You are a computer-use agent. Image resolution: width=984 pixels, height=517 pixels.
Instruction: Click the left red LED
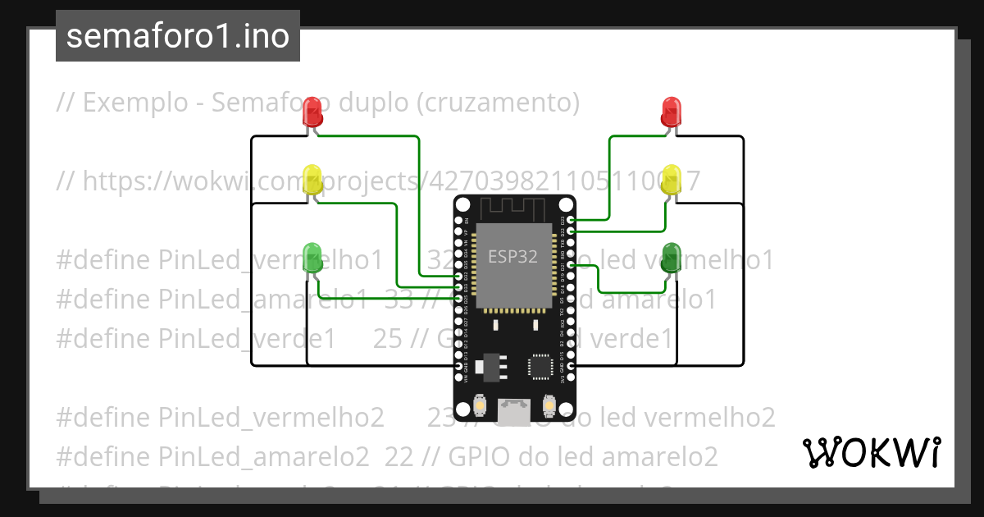pos(312,112)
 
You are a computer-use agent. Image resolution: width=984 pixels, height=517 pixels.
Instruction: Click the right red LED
pos(671,112)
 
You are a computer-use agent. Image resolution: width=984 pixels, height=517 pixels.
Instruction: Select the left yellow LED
pos(312,179)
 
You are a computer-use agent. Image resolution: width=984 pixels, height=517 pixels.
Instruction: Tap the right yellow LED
pos(671,179)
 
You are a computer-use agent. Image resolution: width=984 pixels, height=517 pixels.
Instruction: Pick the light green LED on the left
pos(312,257)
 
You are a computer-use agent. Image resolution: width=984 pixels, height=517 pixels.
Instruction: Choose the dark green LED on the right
pos(671,257)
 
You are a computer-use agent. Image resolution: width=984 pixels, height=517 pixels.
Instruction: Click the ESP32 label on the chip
pos(512,256)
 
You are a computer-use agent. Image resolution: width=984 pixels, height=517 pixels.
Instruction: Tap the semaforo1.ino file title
pos(178,36)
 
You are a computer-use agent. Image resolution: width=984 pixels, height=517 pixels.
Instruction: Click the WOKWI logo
pos(871,452)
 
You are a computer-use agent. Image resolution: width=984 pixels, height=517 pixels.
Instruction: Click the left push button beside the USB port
pos(481,406)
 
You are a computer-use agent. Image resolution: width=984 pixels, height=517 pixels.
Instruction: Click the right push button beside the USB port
pos(549,406)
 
